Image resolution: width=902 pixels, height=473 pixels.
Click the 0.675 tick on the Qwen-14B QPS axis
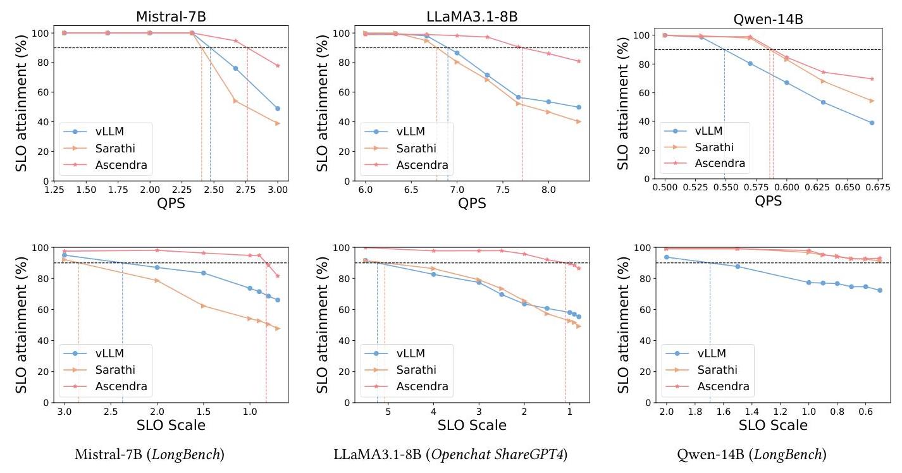pos(872,188)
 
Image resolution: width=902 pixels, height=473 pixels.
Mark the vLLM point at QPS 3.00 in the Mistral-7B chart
pos(278,109)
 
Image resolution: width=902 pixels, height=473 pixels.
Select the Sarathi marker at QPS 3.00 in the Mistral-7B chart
pos(278,123)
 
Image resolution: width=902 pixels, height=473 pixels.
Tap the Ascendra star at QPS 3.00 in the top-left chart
pos(278,66)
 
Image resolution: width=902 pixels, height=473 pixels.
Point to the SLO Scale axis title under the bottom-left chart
pos(170,425)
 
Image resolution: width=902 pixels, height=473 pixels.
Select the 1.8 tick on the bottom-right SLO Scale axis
pos(695,412)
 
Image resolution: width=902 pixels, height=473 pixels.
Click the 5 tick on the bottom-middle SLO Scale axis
pos(388,412)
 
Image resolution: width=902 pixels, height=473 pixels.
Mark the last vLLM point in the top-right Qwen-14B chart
pos(872,123)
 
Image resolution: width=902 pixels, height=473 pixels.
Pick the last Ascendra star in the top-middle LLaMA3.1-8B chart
pos(579,61)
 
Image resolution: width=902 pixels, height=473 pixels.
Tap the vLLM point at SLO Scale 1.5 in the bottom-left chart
pos(203,273)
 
